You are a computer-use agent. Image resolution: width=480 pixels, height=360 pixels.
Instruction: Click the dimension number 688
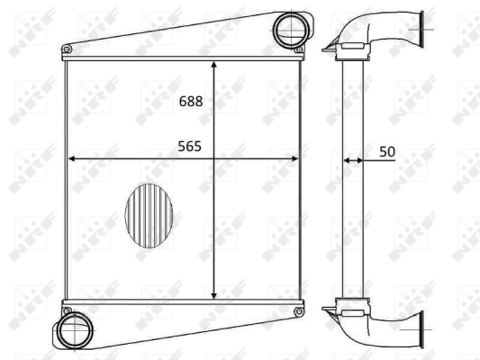coord(191,101)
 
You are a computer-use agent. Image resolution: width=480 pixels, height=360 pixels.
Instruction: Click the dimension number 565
coord(189,147)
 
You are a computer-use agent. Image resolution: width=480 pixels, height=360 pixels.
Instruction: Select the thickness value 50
coord(387,152)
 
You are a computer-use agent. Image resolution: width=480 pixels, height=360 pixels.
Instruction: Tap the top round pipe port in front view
coord(291,30)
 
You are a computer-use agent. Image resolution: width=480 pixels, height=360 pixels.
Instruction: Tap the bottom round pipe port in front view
coord(75,330)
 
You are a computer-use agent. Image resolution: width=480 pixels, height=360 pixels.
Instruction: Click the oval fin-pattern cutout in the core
coord(149,216)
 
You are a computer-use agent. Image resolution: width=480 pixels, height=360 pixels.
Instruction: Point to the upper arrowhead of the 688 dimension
coord(214,64)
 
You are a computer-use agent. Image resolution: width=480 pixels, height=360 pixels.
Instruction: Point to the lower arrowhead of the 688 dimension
coord(214,295)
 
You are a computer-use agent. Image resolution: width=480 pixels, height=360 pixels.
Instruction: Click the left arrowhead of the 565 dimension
coord(71,158)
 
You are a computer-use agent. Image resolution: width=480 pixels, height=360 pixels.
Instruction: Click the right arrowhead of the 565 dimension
coord(294,158)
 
